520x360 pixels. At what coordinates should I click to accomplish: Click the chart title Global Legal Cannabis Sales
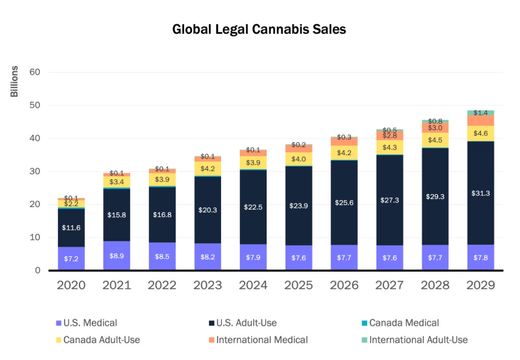tap(259, 30)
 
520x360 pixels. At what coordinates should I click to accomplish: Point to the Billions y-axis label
tap(14, 81)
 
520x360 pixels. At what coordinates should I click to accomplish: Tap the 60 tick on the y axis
tap(35, 72)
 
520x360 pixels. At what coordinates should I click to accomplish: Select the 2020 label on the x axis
tap(71, 285)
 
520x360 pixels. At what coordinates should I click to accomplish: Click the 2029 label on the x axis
tap(481, 285)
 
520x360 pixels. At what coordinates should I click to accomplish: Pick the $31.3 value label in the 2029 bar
tap(481, 193)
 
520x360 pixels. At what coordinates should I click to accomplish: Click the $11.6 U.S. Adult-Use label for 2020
tap(71, 228)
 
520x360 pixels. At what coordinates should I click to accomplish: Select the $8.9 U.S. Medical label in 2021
tap(117, 256)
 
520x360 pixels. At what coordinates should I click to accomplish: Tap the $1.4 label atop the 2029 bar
tap(481, 113)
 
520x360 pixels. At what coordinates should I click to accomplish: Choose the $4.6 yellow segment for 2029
tap(481, 133)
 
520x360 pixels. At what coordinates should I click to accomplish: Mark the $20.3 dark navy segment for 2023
tap(207, 210)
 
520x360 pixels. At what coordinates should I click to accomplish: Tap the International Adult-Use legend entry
tap(418, 340)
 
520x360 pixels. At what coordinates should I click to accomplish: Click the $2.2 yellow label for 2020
tap(71, 204)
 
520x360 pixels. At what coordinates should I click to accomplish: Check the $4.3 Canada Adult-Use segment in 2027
tap(390, 147)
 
